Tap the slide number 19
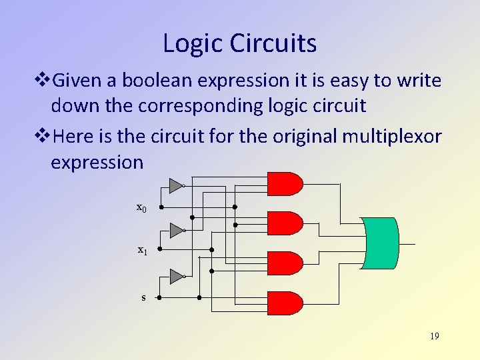click(434, 336)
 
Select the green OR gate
click(379, 243)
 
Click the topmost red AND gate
click(284, 183)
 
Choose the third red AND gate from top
click(284, 263)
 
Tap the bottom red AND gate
click(284, 303)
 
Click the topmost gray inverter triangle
click(175, 185)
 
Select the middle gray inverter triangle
click(175, 231)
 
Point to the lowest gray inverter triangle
click(175, 276)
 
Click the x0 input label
click(141, 207)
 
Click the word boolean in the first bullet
click(153, 81)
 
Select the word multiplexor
click(392, 137)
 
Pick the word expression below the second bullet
click(97, 162)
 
